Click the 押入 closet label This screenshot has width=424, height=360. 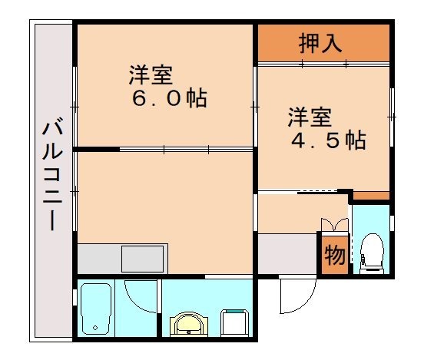(x=320, y=43)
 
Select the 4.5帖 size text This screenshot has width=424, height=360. (x=328, y=141)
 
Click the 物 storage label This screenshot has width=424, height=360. (x=334, y=255)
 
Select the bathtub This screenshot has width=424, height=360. (x=96, y=309)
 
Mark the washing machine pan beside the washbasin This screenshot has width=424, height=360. (x=235, y=321)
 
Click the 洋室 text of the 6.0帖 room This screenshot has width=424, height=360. (x=150, y=75)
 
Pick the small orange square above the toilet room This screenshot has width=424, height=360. (x=371, y=197)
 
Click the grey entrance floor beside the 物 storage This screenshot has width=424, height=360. (x=287, y=253)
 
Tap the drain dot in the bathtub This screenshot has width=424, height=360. (x=95, y=328)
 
